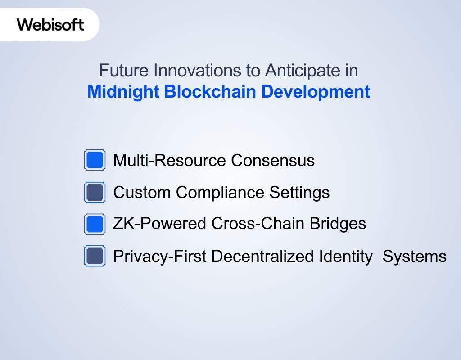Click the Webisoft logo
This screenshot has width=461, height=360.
[50, 24]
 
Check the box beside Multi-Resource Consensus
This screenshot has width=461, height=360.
[95, 160]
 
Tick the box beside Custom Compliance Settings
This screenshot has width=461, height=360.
[95, 193]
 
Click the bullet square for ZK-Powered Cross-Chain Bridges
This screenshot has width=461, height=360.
[95, 224]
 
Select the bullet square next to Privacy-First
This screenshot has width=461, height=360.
[95, 256]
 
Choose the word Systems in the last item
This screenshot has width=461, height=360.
[414, 256]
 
